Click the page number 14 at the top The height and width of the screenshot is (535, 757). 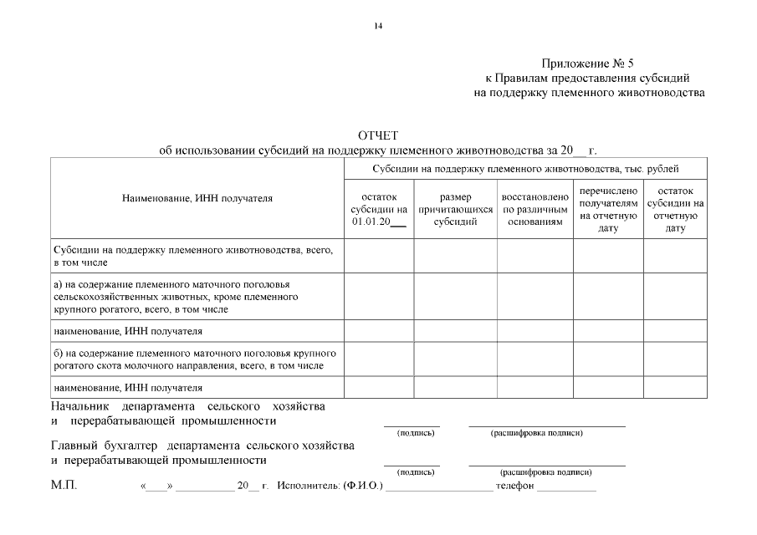(378, 27)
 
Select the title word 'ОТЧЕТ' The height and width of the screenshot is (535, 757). (378, 135)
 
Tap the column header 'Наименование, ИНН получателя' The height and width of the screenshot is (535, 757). (197, 198)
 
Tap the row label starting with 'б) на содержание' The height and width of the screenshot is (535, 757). (195, 359)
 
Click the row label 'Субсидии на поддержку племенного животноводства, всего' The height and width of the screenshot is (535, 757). (195, 256)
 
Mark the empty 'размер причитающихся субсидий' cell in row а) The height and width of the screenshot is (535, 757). (456, 296)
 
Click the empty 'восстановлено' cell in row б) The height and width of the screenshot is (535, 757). (535, 359)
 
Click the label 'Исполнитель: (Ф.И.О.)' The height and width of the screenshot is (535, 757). (330, 486)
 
